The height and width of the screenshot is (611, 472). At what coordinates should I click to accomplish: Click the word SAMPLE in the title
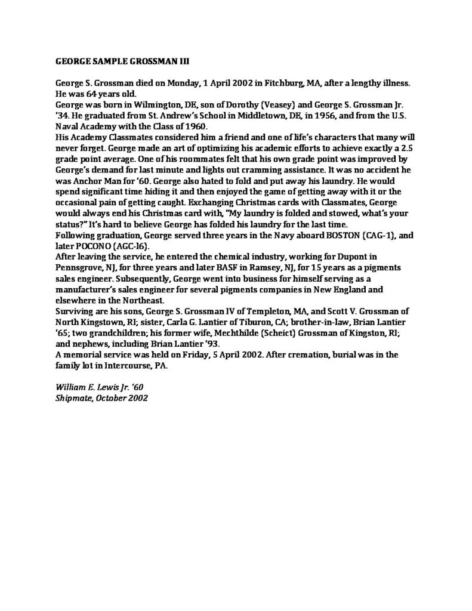point(105,61)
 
